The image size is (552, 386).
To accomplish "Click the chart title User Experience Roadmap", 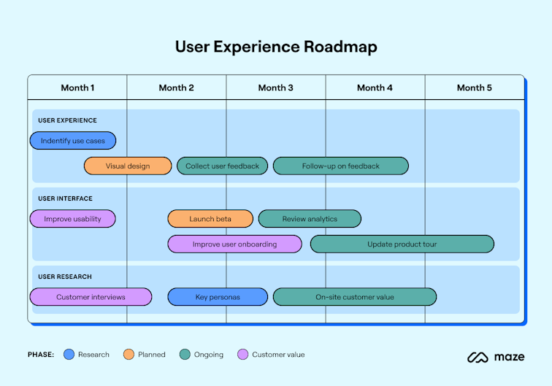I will pos(275,47).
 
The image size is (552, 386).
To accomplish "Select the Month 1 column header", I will pos(77,88).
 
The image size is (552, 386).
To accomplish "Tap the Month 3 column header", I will pos(275,88).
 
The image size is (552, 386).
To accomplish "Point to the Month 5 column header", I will pos(474,88).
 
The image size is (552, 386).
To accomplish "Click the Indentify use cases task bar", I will pos(73,141).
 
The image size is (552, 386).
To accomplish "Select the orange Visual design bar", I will pos(128,166).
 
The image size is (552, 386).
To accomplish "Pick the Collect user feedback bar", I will pos(222,166).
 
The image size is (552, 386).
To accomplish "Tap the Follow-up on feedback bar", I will pos(340,166).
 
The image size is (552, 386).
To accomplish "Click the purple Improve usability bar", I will pos(72,219).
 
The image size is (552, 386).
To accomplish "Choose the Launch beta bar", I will pos(210,219).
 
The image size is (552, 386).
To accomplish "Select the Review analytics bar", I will pos(310,219).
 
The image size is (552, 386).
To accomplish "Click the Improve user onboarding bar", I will pos(234,244).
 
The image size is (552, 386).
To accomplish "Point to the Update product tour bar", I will pos(402,244).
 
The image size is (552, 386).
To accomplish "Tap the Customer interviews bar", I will pos(91,297).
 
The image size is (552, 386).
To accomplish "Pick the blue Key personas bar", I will pos(217,297).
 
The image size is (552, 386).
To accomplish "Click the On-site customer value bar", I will pos(354,297).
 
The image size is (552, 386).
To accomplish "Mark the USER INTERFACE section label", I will pos(65,198).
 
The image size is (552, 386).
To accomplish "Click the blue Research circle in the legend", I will pos(69,355).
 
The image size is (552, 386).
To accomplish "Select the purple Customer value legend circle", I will pos(243,355).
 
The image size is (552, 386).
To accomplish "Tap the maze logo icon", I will pos(478,358).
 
